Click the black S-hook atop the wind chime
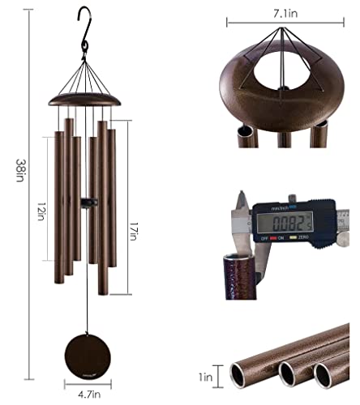coord(82,33)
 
